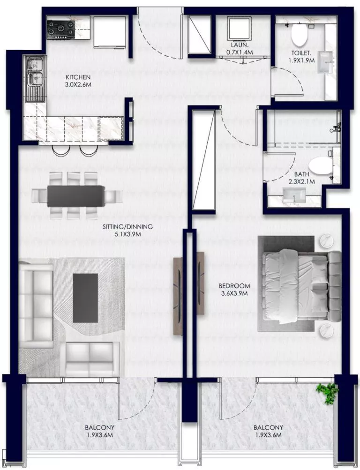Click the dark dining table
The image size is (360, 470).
tap(76, 195)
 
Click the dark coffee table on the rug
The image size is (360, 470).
tap(86, 298)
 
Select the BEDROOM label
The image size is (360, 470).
tap(234, 285)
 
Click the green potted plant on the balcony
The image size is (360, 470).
tap(327, 392)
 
